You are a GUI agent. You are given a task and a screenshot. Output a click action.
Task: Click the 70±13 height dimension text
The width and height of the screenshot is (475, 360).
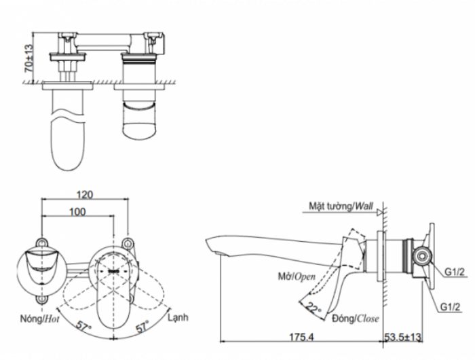pyautogui.click(x=28, y=58)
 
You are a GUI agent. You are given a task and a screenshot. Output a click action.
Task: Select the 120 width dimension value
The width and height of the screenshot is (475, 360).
pyautogui.click(x=85, y=194)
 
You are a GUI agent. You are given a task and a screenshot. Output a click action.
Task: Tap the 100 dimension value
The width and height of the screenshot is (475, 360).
pyautogui.click(x=77, y=212)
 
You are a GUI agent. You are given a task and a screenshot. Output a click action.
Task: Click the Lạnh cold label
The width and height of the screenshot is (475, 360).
pyautogui.click(x=179, y=317)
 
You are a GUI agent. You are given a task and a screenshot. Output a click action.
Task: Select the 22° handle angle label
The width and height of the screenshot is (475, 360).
pyautogui.click(x=313, y=306)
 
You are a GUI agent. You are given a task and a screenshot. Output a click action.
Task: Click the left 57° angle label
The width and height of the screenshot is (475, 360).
pyautogui.click(x=83, y=326)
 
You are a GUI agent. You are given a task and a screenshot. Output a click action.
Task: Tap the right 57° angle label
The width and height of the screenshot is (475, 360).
pyautogui.click(x=142, y=326)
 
